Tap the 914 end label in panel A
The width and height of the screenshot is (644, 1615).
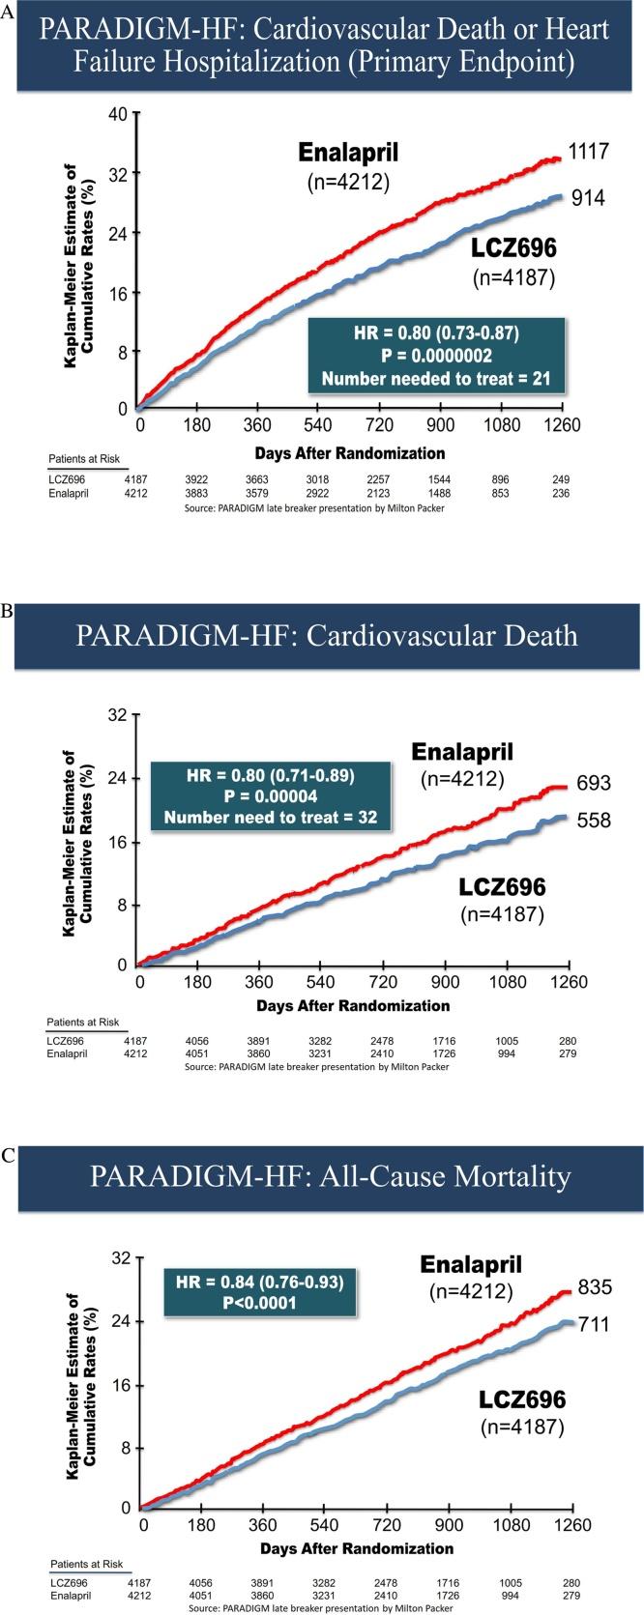pos(588,197)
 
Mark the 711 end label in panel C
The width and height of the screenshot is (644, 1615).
pos(593,1323)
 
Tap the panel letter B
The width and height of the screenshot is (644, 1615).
pos(8,612)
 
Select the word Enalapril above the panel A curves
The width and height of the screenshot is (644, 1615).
pos(347,152)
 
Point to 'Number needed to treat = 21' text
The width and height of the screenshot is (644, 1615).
pos(435,378)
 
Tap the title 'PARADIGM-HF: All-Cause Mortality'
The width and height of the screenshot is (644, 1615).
pos(330,1176)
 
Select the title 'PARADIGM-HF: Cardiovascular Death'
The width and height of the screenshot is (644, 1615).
pos(326,635)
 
